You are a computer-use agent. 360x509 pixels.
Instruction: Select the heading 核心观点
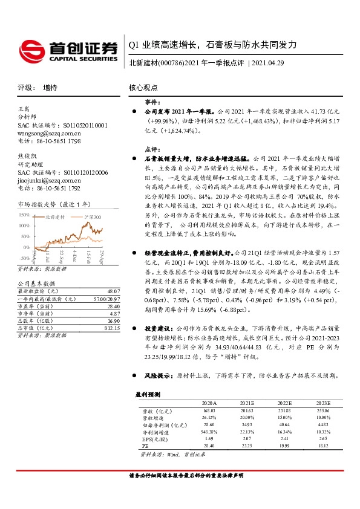click(x=143, y=88)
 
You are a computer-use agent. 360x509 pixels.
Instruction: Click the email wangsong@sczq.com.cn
click(x=49, y=132)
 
